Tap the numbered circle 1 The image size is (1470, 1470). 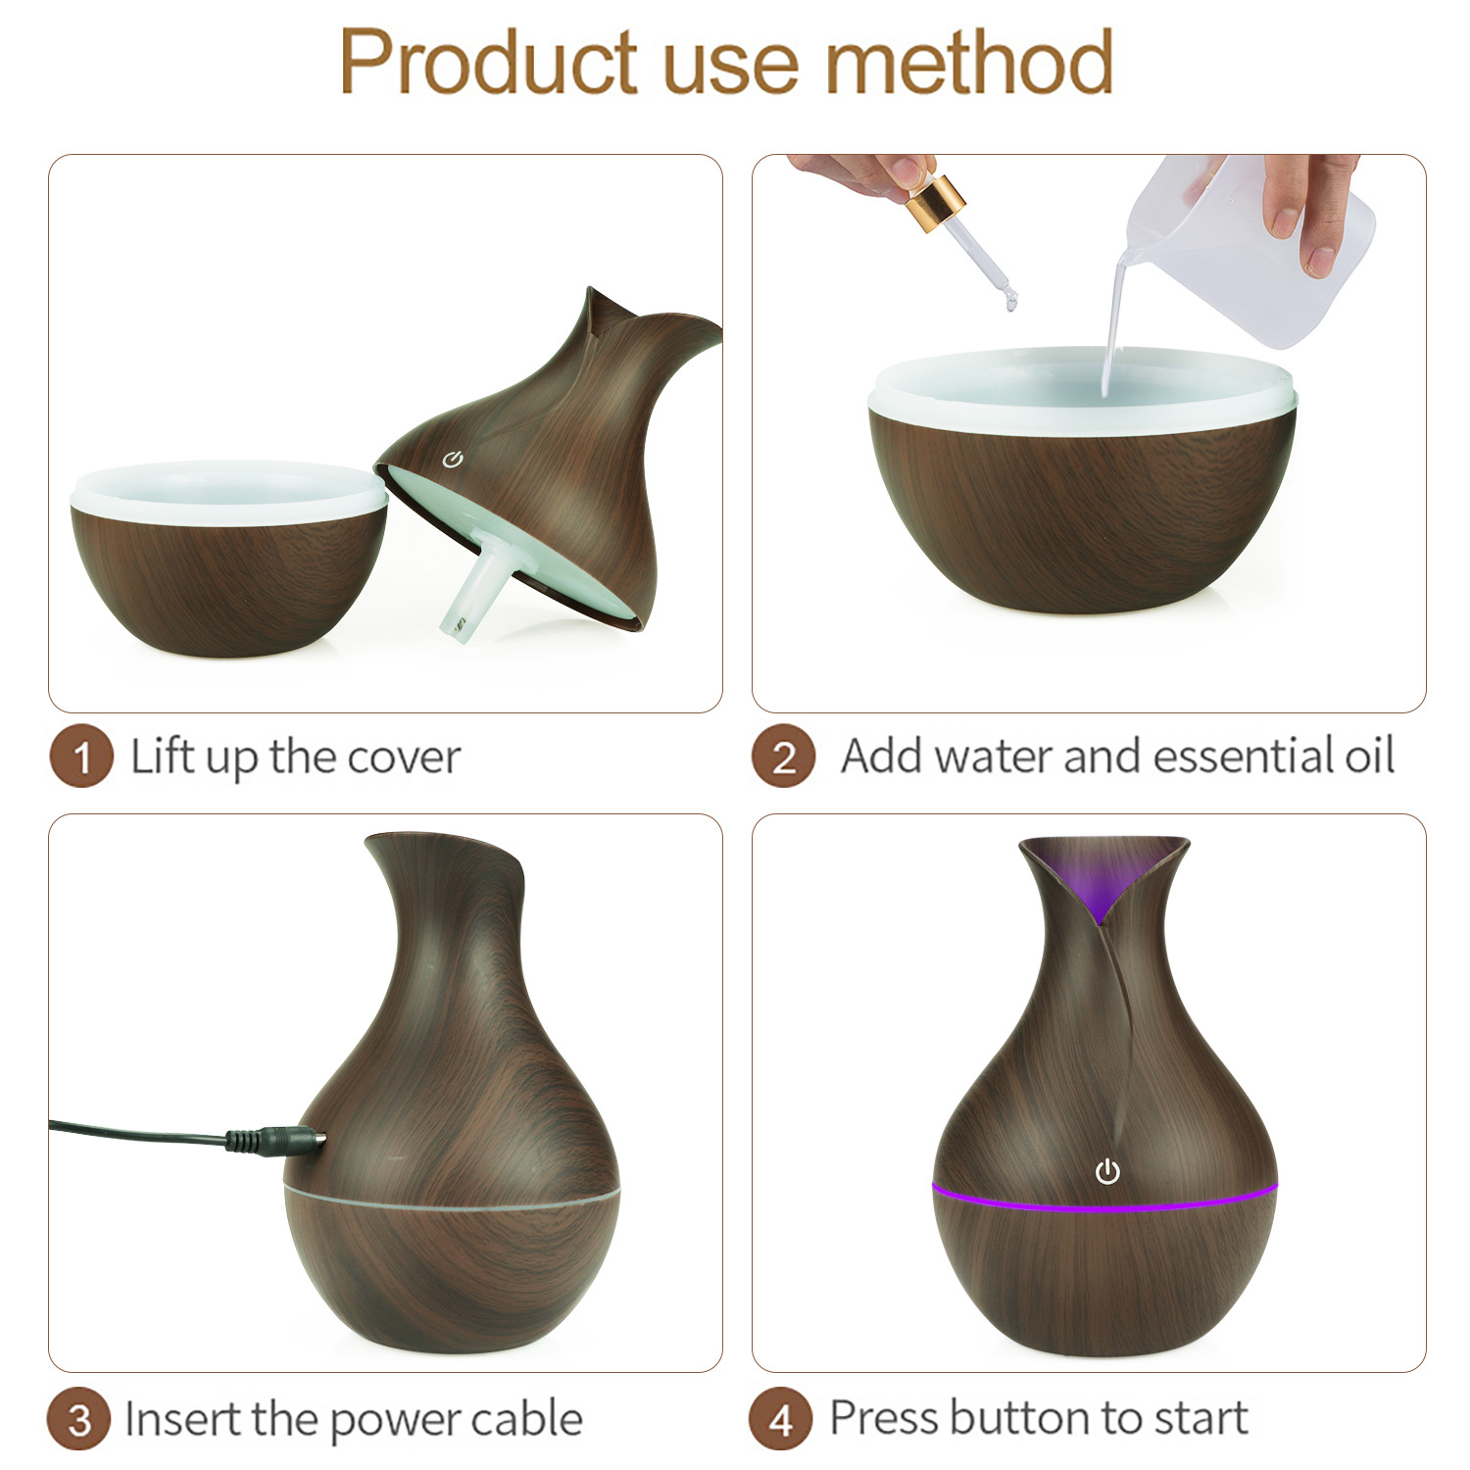pyautogui.click(x=81, y=757)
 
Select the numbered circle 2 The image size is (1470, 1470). pyautogui.click(x=783, y=757)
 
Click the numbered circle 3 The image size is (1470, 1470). pyautogui.click(x=79, y=1420)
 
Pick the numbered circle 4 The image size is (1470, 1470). pyautogui.click(x=780, y=1419)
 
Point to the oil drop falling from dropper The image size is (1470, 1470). pyautogui.click(x=1010, y=304)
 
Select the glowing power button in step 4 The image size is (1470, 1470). pyautogui.click(x=1107, y=1171)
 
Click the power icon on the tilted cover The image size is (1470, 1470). pyautogui.click(x=452, y=460)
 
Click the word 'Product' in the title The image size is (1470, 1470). pyautogui.click(x=489, y=62)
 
